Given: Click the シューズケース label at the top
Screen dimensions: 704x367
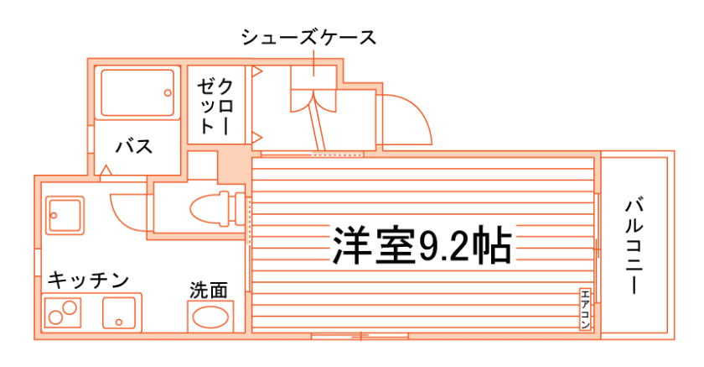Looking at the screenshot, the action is point(308,38).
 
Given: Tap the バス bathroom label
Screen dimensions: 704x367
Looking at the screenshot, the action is point(133,147).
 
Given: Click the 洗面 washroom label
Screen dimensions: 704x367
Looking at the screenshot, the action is point(208,291).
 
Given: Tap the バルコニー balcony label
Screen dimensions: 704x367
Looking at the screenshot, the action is point(635,244).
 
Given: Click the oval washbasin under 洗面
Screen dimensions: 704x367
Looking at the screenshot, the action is point(210,318).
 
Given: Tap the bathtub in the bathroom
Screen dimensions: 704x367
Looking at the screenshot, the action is point(137,93).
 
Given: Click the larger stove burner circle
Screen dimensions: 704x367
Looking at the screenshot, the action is point(55,318).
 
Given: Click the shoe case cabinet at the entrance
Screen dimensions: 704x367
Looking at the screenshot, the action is point(313,90).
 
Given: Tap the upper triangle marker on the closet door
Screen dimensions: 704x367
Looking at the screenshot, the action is point(258,72).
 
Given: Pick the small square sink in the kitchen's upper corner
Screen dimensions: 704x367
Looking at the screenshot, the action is point(61,215).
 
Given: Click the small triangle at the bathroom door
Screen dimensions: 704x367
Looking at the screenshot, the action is point(106,171).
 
